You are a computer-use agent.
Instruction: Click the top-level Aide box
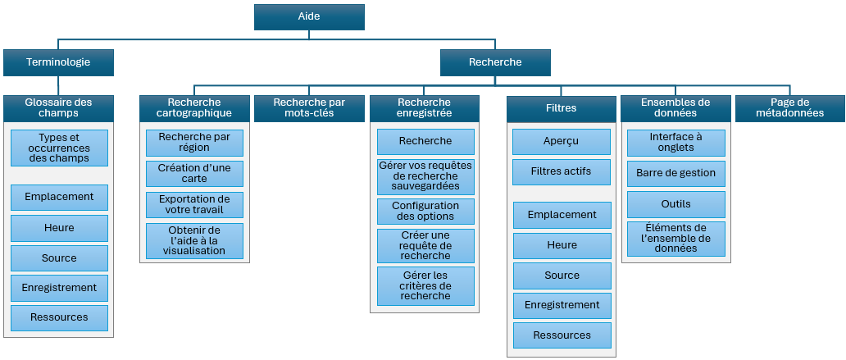click(309, 17)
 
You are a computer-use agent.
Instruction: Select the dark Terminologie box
click(58, 62)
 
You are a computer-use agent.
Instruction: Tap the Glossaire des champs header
click(58, 108)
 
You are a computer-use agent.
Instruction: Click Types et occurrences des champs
click(59, 148)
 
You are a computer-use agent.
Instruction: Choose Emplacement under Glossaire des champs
click(59, 198)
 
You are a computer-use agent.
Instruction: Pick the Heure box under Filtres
click(562, 245)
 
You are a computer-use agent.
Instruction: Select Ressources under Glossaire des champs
click(59, 317)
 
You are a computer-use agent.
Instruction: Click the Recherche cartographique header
click(194, 108)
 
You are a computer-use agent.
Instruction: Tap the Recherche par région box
click(194, 143)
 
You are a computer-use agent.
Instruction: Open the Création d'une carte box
click(194, 174)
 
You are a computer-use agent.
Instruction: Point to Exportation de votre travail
click(194, 205)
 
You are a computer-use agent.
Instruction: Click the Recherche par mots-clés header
click(309, 108)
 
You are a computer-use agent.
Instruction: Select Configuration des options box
click(425, 212)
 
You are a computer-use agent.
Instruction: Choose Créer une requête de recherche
click(425, 245)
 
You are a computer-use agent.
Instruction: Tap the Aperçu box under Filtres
click(562, 142)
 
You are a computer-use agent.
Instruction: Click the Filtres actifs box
click(562, 172)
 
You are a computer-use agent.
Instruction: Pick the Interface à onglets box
click(676, 143)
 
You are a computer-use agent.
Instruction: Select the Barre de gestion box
click(676, 173)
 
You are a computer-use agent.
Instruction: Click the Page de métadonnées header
click(790, 108)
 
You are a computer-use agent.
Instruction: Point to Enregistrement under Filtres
click(562, 305)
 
